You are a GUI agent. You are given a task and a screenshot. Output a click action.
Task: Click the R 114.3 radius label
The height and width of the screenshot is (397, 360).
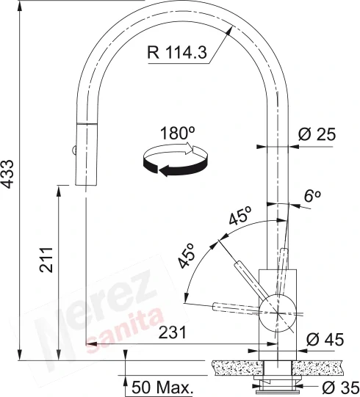177,53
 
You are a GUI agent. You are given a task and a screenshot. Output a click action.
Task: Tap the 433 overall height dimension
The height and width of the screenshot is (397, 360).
7,174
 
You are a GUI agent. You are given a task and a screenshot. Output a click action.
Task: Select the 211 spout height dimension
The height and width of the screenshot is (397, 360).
46,260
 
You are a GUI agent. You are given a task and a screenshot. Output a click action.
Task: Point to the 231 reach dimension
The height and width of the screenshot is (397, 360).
173,332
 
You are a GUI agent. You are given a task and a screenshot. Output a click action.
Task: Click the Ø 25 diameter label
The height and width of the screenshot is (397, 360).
317,134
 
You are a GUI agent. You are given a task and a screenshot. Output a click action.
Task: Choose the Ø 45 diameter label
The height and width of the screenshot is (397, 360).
325,340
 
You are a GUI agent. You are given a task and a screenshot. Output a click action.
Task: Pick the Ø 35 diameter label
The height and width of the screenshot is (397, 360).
340,387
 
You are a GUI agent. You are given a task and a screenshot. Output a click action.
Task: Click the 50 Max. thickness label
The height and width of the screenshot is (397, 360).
161,387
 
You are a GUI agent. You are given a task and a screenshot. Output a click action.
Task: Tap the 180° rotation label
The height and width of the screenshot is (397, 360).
178,134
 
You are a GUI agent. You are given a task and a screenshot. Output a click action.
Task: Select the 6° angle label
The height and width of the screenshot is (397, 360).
312,196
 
